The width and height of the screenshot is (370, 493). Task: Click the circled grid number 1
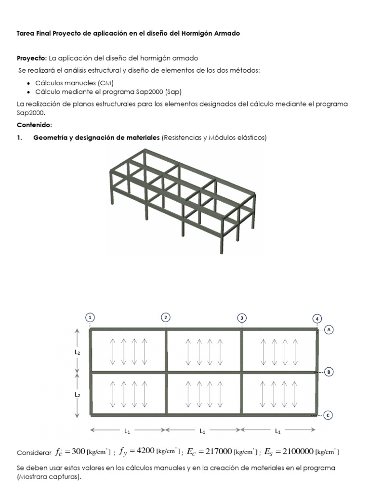click(x=90, y=317)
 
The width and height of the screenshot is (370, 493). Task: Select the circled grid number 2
click(x=166, y=317)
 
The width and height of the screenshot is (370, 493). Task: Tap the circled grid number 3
click(x=242, y=317)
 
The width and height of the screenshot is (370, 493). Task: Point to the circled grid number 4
click(x=317, y=319)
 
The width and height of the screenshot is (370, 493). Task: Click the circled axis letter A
click(x=329, y=330)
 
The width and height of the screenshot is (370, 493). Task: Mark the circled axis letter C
click(x=328, y=415)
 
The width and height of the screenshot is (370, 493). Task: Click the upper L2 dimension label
click(x=77, y=352)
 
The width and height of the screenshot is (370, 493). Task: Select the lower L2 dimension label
click(x=77, y=394)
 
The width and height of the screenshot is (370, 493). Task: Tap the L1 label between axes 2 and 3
click(x=203, y=430)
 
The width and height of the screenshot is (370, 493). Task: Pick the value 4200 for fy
click(x=145, y=451)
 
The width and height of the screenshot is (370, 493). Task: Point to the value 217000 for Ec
click(x=217, y=451)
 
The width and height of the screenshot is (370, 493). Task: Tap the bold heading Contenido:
click(x=34, y=125)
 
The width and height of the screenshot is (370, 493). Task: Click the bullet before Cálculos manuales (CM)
click(x=30, y=83)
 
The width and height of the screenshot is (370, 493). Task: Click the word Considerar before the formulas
click(x=34, y=453)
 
